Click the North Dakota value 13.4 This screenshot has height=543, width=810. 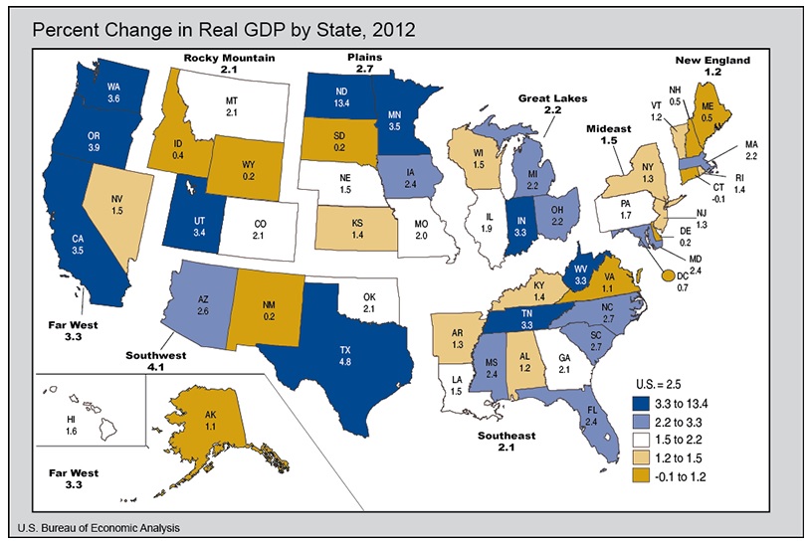pyautogui.click(x=341, y=103)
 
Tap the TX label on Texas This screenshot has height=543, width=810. pyautogui.click(x=345, y=350)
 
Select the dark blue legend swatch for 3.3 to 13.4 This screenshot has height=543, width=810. pyautogui.click(x=641, y=403)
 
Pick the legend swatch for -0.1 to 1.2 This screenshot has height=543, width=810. pyautogui.click(x=641, y=476)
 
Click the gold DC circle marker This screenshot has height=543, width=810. pyautogui.click(x=668, y=275)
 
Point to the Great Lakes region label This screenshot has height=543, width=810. pyautogui.click(x=552, y=98)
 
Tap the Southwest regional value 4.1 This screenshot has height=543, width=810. pyautogui.click(x=155, y=367)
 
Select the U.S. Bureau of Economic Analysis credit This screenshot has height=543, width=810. pyautogui.click(x=99, y=528)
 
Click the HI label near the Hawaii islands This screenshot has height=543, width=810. pyautogui.click(x=72, y=419)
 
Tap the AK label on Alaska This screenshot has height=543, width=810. pyautogui.click(x=210, y=415)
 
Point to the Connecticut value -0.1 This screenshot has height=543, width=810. pyautogui.click(x=718, y=199)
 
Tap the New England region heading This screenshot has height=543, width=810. pyautogui.click(x=712, y=60)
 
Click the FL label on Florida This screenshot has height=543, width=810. pyautogui.click(x=591, y=411)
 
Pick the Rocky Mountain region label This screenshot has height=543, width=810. pyautogui.click(x=229, y=58)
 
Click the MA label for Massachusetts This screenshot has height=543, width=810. pyautogui.click(x=751, y=144)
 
